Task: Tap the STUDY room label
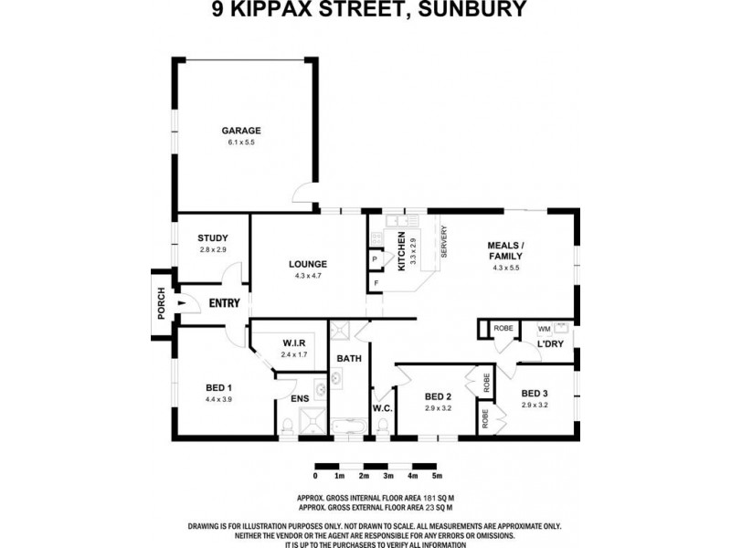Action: (212, 238)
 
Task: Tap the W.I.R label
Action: (293, 343)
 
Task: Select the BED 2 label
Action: (439, 396)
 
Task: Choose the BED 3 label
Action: (534, 394)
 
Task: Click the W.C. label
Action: (382, 407)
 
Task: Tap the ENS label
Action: (298, 398)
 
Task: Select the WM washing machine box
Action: (545, 328)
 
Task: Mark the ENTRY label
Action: (225, 303)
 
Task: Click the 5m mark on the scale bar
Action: (437, 476)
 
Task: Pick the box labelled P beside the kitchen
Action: (376, 258)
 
